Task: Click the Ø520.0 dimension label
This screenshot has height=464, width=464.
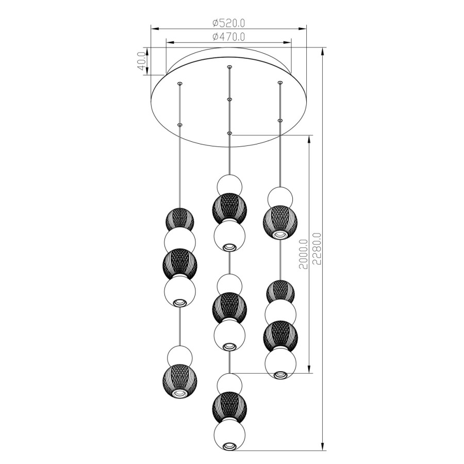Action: click(x=229, y=23)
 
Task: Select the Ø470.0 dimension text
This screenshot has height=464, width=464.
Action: click(x=229, y=37)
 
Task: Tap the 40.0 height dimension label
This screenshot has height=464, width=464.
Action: click(x=141, y=61)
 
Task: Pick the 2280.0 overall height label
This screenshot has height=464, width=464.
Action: click(x=317, y=248)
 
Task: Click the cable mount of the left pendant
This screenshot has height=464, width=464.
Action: click(x=179, y=84)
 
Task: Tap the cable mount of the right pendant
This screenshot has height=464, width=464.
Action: click(x=279, y=82)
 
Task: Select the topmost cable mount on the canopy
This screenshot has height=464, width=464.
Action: click(x=229, y=67)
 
